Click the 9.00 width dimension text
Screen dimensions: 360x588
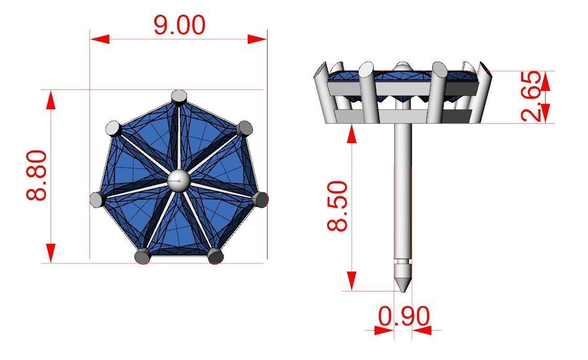(x=179, y=25)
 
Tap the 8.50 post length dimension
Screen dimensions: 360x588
(x=338, y=206)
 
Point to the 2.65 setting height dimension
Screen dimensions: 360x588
(x=532, y=97)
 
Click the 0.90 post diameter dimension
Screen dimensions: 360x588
(x=403, y=316)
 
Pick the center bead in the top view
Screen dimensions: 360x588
(x=179, y=181)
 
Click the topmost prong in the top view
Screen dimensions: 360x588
(x=179, y=97)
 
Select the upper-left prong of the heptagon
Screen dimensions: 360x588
(x=113, y=128)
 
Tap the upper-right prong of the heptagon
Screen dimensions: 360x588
(x=244, y=128)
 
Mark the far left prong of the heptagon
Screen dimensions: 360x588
(x=97, y=199)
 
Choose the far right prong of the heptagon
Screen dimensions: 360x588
(x=260, y=199)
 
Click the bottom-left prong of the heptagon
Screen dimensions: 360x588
(x=142, y=256)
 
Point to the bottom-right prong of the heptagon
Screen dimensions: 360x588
(x=215, y=256)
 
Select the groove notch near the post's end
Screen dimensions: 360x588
(x=402, y=261)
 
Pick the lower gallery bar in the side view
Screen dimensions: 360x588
(x=402, y=116)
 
